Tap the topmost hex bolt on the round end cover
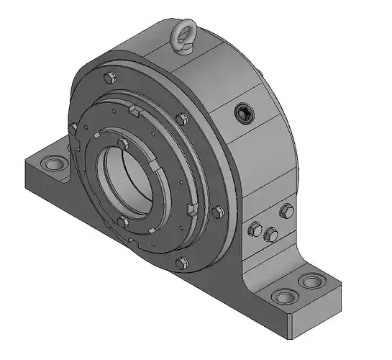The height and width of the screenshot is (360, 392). (x=108, y=76)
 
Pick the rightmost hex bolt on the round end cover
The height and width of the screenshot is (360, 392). (x=219, y=211)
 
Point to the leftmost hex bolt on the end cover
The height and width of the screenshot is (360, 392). (x=74, y=128)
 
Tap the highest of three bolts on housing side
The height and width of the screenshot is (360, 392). (x=286, y=210)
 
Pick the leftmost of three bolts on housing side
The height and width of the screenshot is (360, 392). (x=253, y=228)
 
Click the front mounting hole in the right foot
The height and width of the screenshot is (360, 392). (x=283, y=296)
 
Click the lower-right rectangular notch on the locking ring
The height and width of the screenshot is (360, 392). (x=191, y=210)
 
